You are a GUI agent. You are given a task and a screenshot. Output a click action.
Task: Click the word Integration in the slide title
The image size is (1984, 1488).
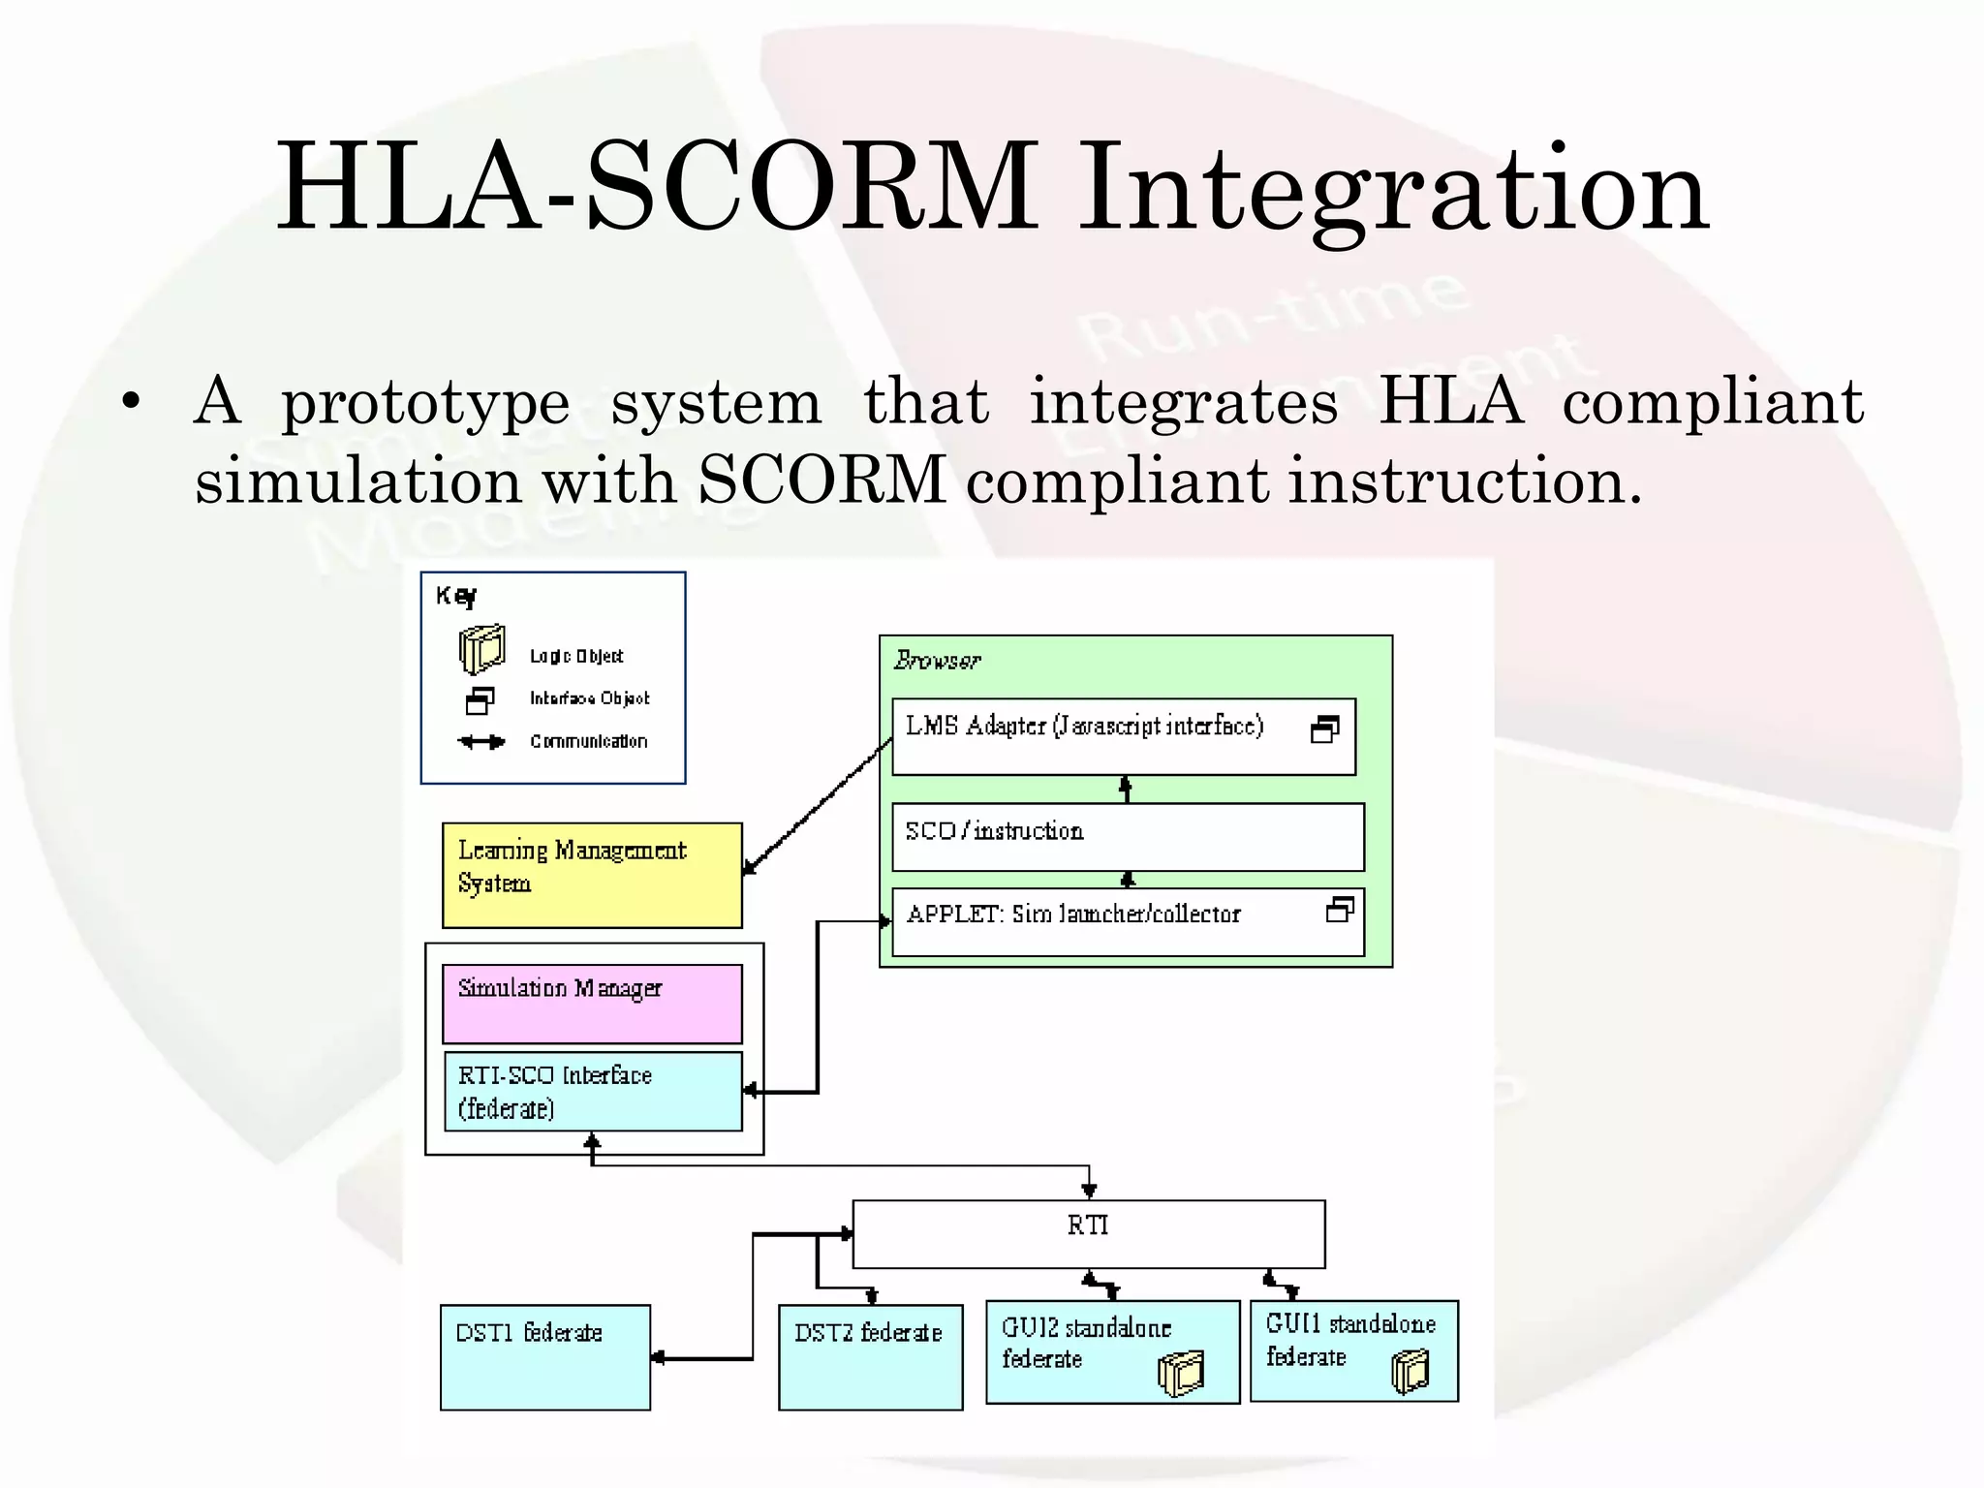click(1393, 189)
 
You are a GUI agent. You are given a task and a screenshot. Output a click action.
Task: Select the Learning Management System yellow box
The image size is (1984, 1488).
click(592, 876)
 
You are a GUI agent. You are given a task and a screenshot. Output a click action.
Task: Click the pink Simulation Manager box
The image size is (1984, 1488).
click(592, 1004)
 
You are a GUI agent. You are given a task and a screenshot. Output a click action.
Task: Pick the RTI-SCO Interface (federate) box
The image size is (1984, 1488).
click(592, 1092)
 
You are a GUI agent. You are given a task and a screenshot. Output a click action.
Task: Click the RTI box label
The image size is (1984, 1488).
click(1088, 1226)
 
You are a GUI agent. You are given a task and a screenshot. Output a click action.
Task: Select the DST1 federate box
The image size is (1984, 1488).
click(544, 1357)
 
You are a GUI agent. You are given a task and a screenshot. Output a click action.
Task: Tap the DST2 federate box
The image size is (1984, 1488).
click(870, 1357)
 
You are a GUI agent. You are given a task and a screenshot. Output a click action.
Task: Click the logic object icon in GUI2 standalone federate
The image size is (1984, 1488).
click(1181, 1374)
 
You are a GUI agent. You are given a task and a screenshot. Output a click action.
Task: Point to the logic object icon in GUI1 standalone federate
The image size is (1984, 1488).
click(1410, 1372)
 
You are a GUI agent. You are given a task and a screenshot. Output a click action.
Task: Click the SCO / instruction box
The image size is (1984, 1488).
click(1127, 836)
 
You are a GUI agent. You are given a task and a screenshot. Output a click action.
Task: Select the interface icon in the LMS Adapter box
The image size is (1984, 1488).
click(1324, 730)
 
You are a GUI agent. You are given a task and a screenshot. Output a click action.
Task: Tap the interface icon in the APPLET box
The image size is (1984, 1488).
click(1340, 911)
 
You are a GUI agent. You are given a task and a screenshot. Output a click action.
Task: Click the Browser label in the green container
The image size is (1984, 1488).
click(936, 661)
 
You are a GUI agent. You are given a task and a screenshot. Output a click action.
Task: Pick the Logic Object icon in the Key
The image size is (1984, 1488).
click(481, 649)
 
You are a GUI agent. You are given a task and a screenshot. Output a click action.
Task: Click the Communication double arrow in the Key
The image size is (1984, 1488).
click(481, 742)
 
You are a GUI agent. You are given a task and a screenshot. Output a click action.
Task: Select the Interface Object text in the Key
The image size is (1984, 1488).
click(589, 698)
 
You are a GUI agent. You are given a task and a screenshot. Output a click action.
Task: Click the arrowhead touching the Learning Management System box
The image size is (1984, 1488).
click(749, 869)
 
